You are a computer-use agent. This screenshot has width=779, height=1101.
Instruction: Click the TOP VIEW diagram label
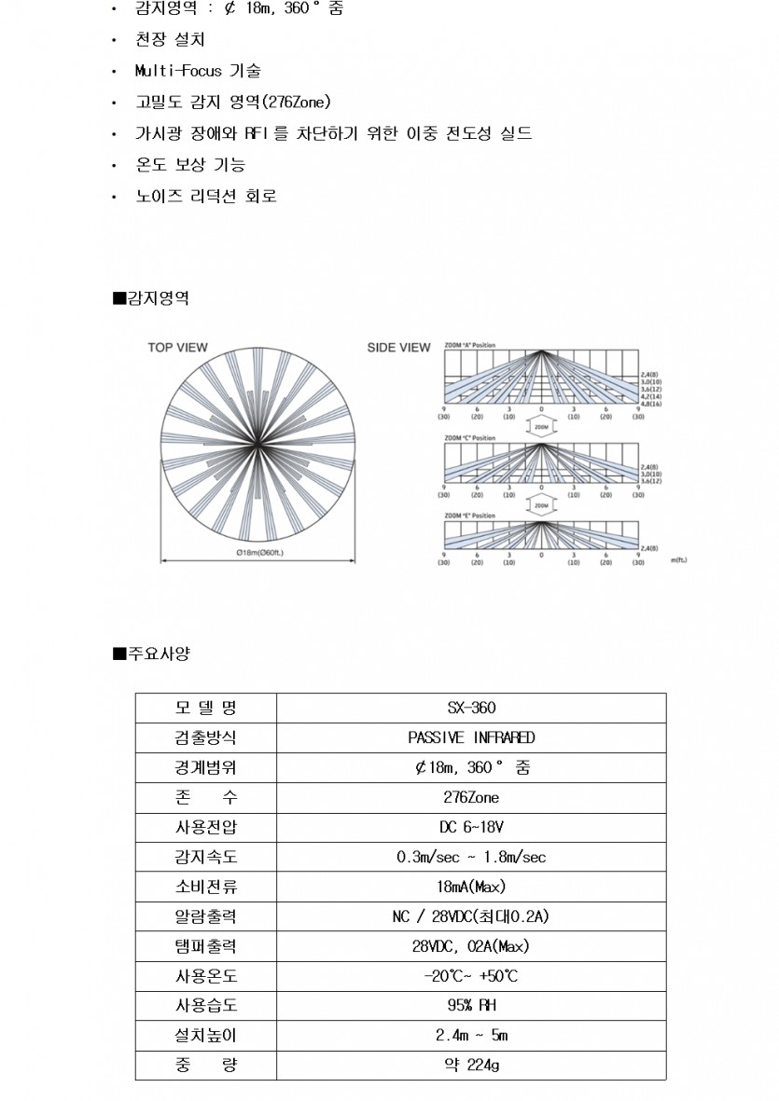coord(177,348)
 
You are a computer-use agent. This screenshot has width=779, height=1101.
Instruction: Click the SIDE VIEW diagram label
coord(398,348)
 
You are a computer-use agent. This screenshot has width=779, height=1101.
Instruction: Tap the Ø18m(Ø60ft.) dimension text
coord(259,553)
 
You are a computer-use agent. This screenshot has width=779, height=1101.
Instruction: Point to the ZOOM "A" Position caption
coord(469,346)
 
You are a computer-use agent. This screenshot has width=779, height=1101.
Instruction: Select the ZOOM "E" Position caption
coord(469,516)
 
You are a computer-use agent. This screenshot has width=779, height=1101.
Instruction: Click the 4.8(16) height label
coord(650,404)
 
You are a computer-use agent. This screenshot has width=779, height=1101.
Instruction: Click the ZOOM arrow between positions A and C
coord(541,425)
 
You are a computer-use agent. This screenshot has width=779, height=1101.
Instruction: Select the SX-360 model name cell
coord(471,708)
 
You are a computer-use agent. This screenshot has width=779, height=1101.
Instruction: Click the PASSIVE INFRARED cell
coord(471,737)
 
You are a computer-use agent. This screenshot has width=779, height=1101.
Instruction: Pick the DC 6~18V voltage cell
coord(471,827)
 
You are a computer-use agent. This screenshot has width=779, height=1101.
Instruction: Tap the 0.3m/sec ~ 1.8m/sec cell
coord(471,857)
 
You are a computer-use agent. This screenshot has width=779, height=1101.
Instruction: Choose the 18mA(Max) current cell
coord(471,887)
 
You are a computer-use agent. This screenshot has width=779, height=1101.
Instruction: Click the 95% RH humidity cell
coord(471,1006)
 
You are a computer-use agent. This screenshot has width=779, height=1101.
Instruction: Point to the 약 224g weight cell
coord(471,1066)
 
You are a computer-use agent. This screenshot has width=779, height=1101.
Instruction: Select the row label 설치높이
coord(205,1036)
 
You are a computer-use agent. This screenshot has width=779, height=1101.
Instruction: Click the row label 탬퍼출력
coord(205,946)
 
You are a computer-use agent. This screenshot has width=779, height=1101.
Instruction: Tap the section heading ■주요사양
coord(151,654)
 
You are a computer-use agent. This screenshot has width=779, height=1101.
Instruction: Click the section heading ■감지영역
coord(151,298)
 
